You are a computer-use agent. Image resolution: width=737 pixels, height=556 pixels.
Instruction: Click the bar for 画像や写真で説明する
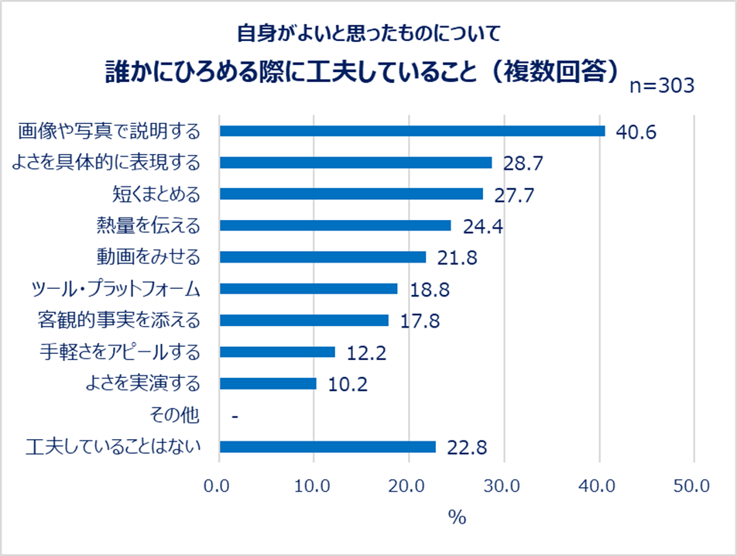coord(412,131)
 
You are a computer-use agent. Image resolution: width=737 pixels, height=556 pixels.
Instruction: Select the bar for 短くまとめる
coord(351,194)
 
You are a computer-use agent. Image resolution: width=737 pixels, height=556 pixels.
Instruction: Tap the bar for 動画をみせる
coord(323,257)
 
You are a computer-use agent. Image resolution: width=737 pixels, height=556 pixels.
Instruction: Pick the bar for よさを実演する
coord(268,383)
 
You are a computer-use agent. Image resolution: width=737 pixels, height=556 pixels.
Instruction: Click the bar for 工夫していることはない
coord(327,447)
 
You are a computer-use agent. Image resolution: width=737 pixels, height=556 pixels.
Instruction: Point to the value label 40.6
coord(636,132)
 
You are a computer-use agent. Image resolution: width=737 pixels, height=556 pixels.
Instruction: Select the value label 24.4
coord(483,227)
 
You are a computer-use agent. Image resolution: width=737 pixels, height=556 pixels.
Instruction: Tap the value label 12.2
coord(366,353)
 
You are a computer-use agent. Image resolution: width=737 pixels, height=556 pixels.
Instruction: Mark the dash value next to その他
coord(234,417)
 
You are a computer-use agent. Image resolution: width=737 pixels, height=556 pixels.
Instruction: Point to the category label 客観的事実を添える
coord(118,321)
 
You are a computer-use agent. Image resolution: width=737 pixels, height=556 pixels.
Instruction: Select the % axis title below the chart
coord(457,517)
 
